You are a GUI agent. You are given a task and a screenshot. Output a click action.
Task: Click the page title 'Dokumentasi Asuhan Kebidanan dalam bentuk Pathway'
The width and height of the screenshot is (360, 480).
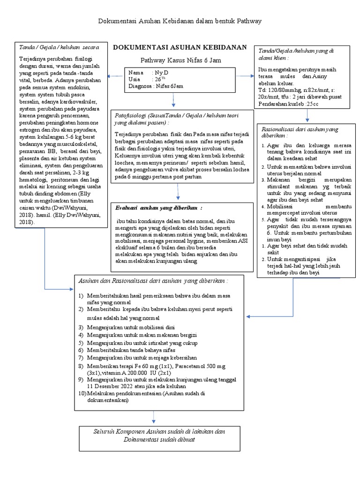pos(180,21)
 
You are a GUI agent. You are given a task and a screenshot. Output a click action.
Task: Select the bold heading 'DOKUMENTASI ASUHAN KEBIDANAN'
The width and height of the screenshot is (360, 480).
pos(180,47)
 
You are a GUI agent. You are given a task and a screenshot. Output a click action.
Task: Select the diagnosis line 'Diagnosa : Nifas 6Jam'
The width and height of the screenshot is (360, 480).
pos(156,86)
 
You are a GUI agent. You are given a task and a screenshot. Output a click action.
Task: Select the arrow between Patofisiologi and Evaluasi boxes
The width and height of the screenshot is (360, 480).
pos(178,192)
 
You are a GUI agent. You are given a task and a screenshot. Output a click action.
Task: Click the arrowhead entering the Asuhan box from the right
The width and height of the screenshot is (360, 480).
pos(249,317)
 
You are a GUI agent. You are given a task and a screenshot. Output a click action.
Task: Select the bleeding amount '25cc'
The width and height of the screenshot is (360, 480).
pos(311,104)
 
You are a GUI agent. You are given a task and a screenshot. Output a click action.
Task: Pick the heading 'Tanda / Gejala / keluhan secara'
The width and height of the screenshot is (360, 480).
pos(59,47)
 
